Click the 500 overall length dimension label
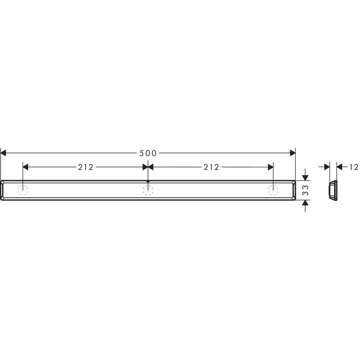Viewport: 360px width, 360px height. tap(148, 153)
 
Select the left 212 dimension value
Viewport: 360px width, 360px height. tap(85, 167)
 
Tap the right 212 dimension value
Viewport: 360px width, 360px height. tap(211, 167)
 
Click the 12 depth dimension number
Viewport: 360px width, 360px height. tap(354, 167)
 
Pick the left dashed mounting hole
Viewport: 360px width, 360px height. tap(23, 190)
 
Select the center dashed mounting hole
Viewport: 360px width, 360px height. tap(148, 190)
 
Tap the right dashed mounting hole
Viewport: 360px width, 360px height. tap(273, 190)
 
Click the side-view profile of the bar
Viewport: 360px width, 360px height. tap(333, 190)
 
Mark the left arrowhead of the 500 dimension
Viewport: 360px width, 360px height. tap(4, 153)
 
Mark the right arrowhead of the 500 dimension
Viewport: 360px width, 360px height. tap(292, 153)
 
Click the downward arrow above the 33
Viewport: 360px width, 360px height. tap(305, 177)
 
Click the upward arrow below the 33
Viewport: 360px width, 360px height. tap(305, 203)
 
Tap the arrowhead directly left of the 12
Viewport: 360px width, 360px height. tap(339, 167)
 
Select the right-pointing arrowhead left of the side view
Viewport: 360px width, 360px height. tap(327, 167)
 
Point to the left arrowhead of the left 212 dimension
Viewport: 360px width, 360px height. tap(26, 167)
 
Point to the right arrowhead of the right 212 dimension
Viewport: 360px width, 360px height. tap(270, 167)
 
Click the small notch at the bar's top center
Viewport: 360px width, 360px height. tap(148, 181)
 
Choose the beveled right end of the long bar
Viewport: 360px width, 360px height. tap(294, 190)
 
